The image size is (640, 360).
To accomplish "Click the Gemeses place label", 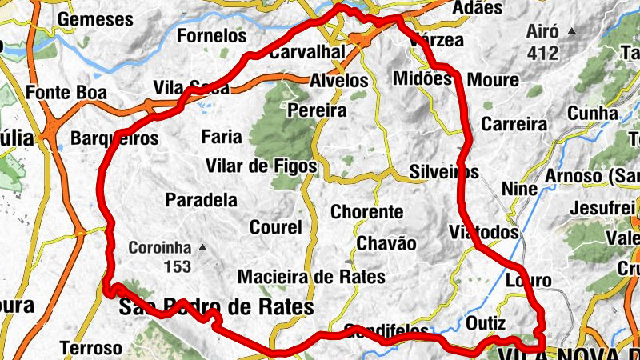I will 95,18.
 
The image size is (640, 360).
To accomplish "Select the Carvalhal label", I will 307,52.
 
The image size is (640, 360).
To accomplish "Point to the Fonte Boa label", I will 66,92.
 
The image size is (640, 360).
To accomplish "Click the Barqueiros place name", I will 115,138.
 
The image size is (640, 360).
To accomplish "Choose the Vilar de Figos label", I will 262,166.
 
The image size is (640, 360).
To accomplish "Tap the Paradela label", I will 201,199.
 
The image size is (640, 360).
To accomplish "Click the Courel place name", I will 276,227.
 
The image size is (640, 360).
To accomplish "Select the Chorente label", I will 367,212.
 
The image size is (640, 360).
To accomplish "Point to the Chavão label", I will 386,243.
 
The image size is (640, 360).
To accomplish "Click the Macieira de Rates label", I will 312,277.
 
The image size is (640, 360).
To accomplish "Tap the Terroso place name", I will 91,348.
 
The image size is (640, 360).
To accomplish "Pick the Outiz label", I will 486,323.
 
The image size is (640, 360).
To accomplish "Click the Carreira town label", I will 514,124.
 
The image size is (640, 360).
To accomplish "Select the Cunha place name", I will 593,114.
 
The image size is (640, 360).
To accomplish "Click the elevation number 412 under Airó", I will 542,54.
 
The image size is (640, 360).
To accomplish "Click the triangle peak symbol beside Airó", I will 571,32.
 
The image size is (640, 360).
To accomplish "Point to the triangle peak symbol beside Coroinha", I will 203,247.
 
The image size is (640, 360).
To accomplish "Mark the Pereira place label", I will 317,110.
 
